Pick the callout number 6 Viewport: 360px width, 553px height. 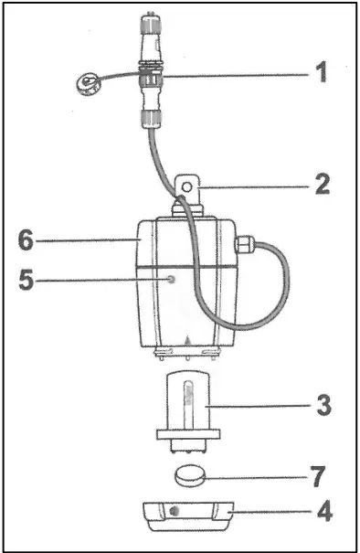click(30, 239)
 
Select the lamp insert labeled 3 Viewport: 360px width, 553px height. click(190, 402)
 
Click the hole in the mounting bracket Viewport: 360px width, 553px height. click(188, 188)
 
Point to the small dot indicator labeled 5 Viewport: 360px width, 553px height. click(171, 277)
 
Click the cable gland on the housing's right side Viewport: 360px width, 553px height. click(244, 243)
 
